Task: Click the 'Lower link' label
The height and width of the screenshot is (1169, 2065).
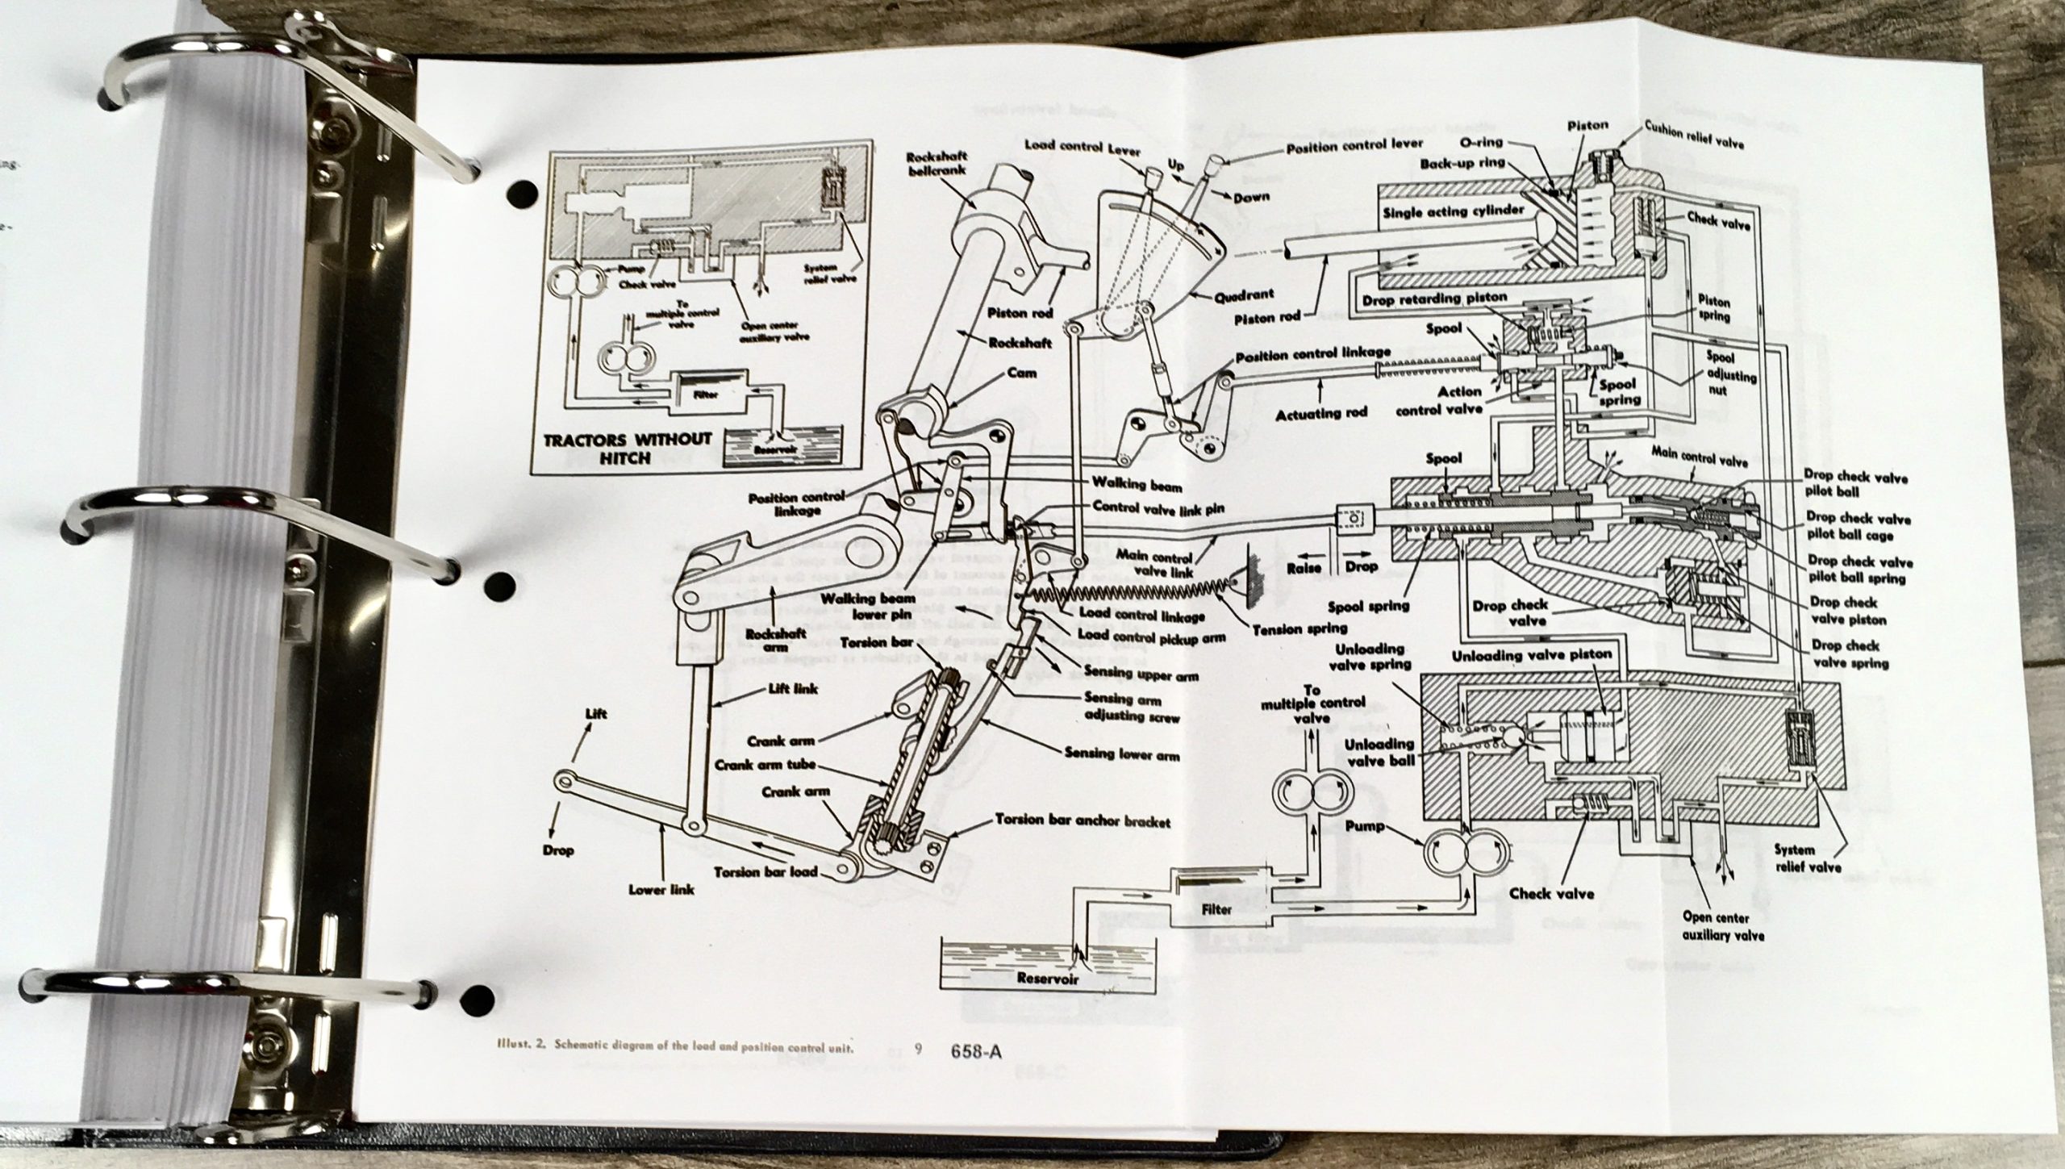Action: tap(661, 891)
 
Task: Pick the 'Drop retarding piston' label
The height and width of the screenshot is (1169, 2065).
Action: tap(1434, 298)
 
